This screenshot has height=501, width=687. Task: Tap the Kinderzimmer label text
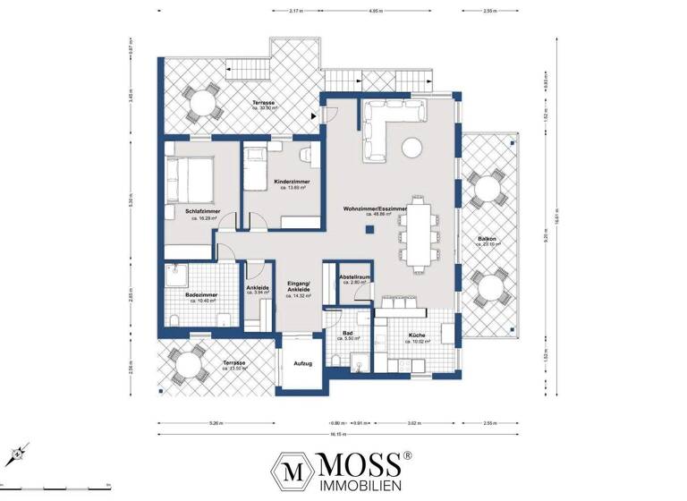[x=293, y=183]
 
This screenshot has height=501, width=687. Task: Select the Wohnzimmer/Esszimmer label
[x=374, y=209]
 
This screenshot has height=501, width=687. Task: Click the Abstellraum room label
[x=355, y=278]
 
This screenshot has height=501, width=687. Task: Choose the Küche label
[x=417, y=335]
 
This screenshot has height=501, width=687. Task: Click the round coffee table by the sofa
[x=412, y=147]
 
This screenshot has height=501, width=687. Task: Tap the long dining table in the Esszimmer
[x=418, y=231]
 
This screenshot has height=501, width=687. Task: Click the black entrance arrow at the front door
[x=313, y=115]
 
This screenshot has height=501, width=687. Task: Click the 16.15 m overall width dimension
[x=337, y=433]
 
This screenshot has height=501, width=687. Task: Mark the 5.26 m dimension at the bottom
[x=211, y=422]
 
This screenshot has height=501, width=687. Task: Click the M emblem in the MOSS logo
[x=290, y=470]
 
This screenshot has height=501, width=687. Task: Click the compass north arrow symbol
[x=18, y=454]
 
